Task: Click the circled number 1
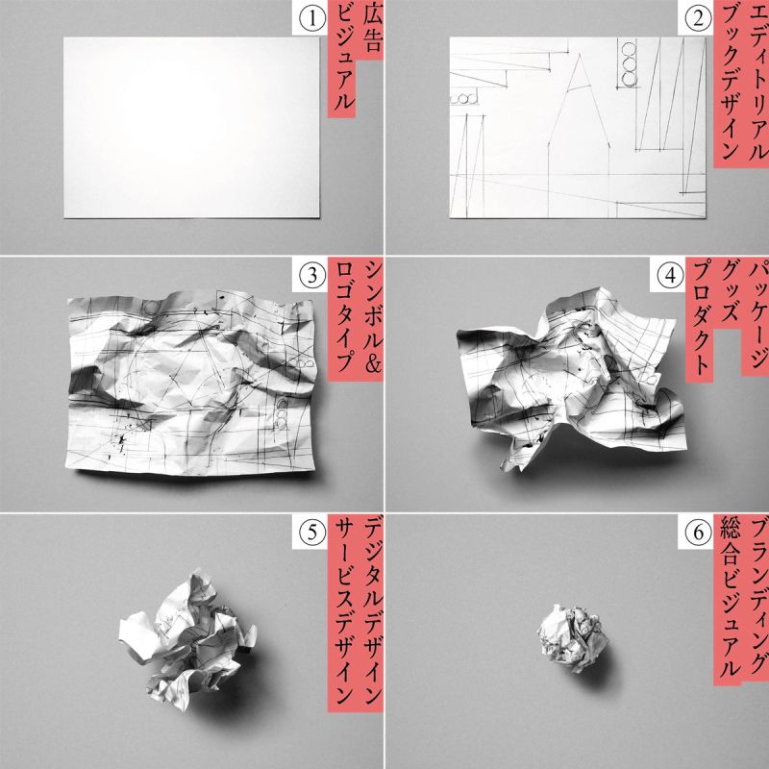312,19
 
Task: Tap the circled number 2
698,19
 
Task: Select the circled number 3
312,276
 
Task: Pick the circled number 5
312,533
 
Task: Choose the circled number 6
698,533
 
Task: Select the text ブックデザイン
728,83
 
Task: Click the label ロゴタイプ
342,319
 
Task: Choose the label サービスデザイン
342,613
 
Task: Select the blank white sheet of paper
191,128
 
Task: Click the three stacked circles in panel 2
629,64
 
